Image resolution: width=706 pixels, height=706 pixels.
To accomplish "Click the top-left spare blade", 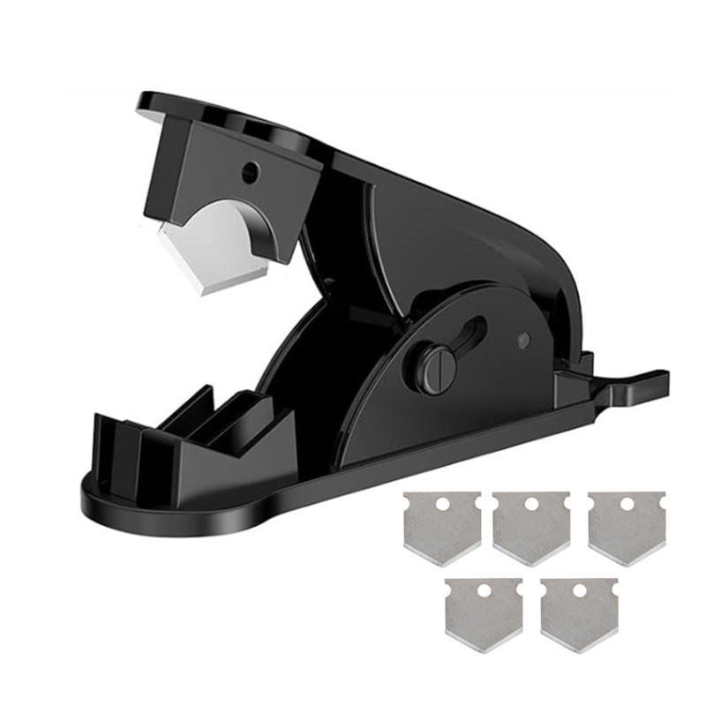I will click(441, 526).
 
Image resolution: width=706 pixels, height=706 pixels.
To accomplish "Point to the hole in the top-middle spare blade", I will click(532, 505).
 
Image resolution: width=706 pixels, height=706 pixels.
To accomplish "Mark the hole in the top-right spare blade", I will click(626, 504).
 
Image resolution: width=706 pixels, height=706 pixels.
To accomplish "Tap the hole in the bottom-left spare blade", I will click(484, 588).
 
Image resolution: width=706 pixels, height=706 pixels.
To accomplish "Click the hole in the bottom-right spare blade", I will click(579, 590).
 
